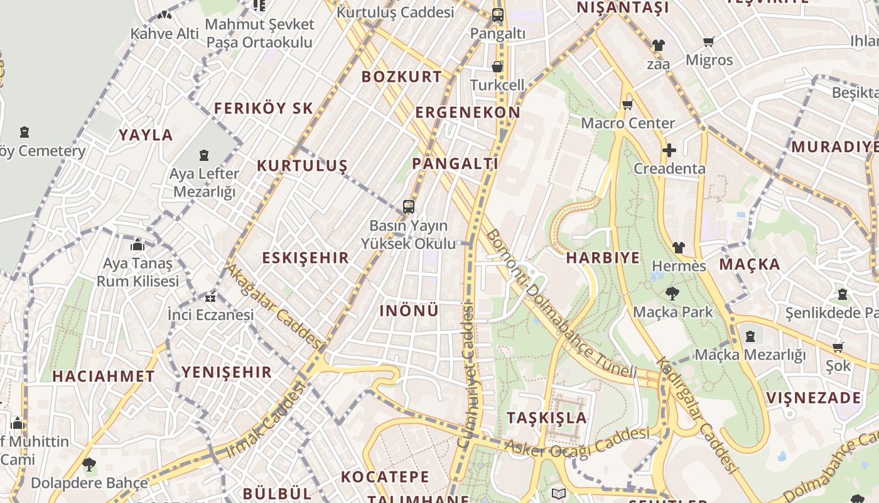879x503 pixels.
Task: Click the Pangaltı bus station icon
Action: (x=498, y=15)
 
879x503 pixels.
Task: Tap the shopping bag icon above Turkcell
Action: (x=497, y=67)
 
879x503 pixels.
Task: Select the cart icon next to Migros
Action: (x=709, y=42)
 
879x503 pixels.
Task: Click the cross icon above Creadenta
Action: (x=669, y=150)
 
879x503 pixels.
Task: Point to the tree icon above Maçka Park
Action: (x=672, y=293)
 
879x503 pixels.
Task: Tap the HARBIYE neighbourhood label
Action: (x=603, y=258)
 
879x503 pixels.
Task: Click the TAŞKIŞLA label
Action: (x=546, y=417)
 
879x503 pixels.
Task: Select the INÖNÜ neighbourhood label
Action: (x=409, y=311)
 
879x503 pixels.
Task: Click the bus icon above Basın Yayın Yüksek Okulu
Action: (x=409, y=206)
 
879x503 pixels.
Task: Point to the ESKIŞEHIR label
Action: (x=305, y=258)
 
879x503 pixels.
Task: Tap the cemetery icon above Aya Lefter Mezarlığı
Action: (x=204, y=155)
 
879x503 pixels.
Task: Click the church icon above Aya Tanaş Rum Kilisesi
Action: (x=138, y=245)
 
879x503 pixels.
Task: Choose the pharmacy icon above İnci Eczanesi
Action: (x=210, y=297)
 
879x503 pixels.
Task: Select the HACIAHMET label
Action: (x=103, y=377)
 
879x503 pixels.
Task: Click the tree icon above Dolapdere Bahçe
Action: (x=89, y=465)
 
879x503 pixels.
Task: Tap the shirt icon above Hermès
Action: (x=678, y=248)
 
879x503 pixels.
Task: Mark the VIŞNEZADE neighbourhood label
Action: (x=814, y=398)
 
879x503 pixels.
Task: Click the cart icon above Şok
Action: (x=838, y=348)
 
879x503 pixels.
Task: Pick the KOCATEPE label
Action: (x=385, y=477)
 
